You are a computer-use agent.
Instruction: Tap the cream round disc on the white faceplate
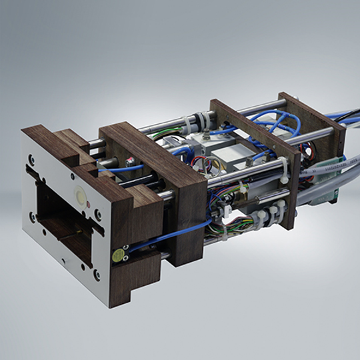point(81,197)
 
